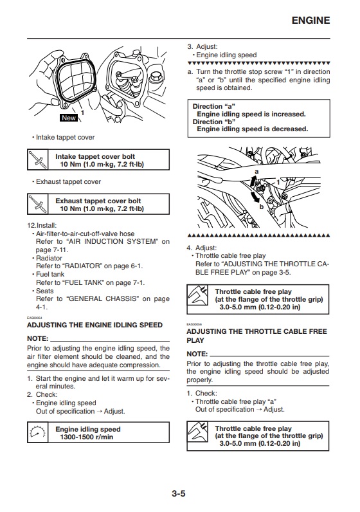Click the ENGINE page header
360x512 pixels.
pos(310,20)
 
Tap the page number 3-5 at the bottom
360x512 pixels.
pos(179,493)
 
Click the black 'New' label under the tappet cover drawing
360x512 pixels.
pos(69,118)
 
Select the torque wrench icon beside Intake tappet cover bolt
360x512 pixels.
pos(38,160)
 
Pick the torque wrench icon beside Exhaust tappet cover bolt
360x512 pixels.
pos(38,204)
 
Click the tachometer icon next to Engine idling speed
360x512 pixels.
pos(37,432)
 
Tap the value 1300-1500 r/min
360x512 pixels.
pos(87,437)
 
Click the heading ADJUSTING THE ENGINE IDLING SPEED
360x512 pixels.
pos(94,325)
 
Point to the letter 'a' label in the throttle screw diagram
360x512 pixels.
pos(256,172)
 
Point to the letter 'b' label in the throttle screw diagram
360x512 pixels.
pos(262,206)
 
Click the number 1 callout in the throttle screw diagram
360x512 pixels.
pos(278,182)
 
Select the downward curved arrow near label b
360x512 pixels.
pos(255,197)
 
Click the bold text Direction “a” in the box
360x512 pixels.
pos(214,106)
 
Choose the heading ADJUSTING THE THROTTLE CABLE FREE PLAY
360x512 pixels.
pos(256,336)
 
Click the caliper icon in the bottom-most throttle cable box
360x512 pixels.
pos(198,432)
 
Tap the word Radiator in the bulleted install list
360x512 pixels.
pos(49,258)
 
